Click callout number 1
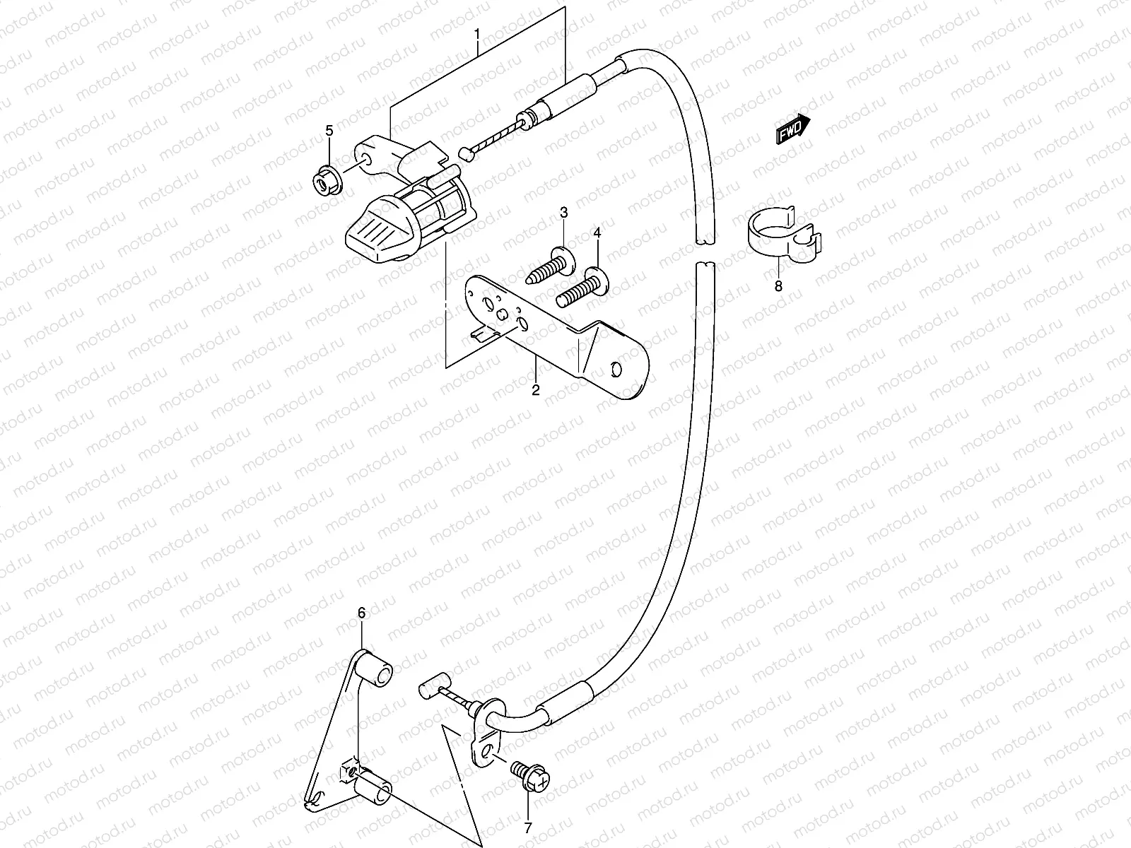pyautogui.click(x=477, y=33)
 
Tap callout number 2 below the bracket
pyautogui.click(x=535, y=390)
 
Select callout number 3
pyautogui.click(x=564, y=213)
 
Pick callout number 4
pyautogui.click(x=597, y=233)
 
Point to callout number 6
pyautogui.click(x=362, y=613)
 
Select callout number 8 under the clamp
pyautogui.click(x=778, y=286)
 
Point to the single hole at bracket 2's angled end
pyautogui.click(x=616, y=370)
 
